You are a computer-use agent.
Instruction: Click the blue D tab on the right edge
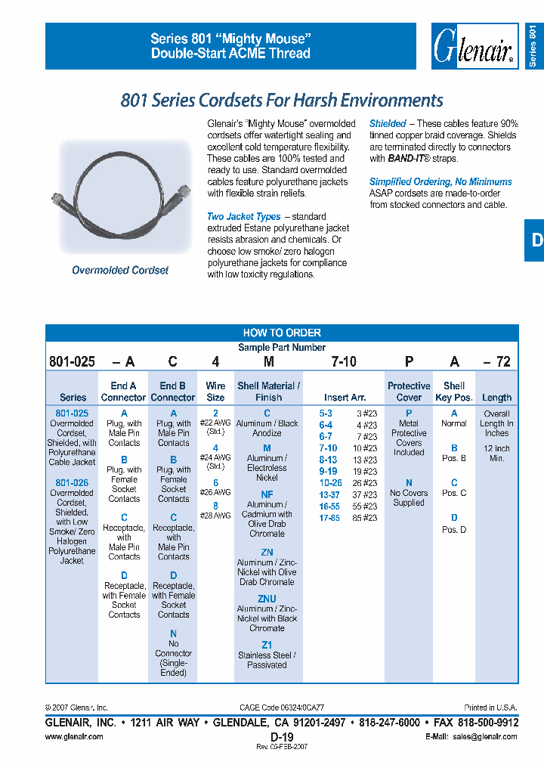point(535,240)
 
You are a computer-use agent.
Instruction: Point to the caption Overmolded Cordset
point(120,270)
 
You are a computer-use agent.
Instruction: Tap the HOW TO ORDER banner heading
point(282,333)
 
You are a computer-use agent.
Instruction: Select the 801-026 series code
point(72,482)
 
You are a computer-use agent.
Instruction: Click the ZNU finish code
point(267,599)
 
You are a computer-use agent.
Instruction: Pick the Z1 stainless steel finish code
point(267,645)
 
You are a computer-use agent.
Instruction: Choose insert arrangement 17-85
point(330,518)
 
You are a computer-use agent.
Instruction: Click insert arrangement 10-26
point(330,483)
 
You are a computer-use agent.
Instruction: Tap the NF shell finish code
point(267,494)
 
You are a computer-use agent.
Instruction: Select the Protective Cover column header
point(409,392)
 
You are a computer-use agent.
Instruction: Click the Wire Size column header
point(215,392)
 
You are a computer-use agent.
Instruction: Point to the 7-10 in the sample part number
point(344,362)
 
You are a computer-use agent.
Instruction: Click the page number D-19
point(281,736)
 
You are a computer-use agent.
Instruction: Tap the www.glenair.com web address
point(74,736)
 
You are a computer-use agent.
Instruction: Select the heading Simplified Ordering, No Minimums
point(440,181)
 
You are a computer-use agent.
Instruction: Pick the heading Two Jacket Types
point(243,217)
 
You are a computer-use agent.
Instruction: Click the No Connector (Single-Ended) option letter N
point(173,633)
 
